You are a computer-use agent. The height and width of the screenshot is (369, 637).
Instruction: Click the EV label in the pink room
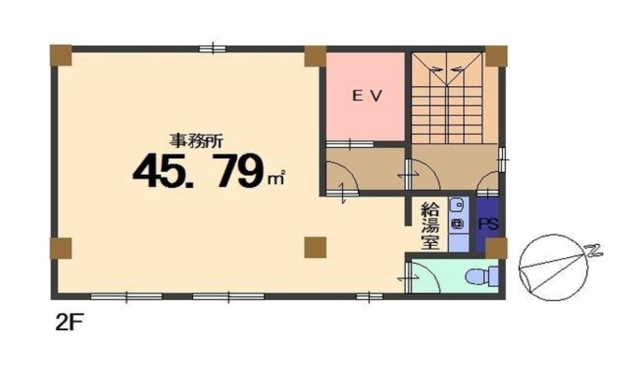(x=367, y=96)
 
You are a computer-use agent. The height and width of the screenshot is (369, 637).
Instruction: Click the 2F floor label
(x=69, y=323)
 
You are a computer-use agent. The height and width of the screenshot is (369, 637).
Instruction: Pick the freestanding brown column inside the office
(x=315, y=248)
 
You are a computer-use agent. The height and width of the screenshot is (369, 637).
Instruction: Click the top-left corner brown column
(x=60, y=55)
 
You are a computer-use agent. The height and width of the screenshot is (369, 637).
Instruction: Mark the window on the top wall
(x=212, y=49)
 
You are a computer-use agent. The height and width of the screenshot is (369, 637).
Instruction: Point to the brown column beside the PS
(x=496, y=248)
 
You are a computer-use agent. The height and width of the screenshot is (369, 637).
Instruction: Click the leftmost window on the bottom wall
(x=126, y=296)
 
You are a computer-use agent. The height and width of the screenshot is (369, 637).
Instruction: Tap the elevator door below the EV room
(x=350, y=144)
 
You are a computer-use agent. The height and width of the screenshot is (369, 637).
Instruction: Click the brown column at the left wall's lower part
(x=60, y=248)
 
